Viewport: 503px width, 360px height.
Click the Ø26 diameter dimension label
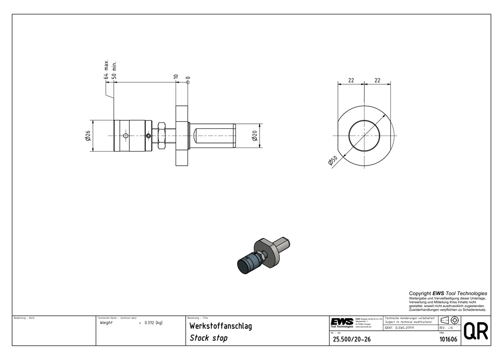click(x=88, y=136)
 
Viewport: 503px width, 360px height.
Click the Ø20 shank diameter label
click(x=255, y=135)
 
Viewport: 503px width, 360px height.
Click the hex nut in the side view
click(x=162, y=135)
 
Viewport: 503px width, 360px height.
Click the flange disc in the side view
click(x=182, y=135)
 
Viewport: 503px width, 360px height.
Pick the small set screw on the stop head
click(x=148, y=135)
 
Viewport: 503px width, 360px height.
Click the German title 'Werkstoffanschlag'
click(x=220, y=326)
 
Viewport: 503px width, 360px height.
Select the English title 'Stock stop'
click(x=208, y=338)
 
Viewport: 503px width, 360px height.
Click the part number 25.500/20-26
click(x=352, y=340)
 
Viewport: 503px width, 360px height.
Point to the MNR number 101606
click(x=448, y=340)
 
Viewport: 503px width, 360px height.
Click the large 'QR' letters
click(x=475, y=331)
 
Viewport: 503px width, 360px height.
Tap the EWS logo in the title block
click(x=342, y=322)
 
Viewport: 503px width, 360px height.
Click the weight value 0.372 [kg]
click(x=153, y=323)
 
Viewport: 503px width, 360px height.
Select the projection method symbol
click(x=449, y=320)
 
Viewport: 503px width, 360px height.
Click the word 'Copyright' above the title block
click(x=420, y=294)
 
